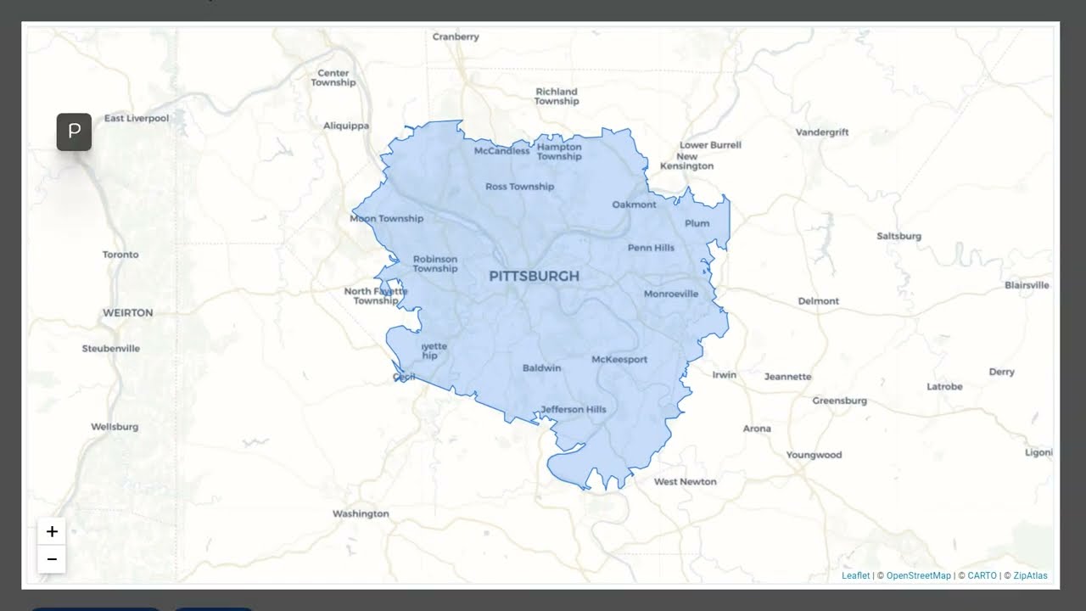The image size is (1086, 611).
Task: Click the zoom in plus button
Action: [52, 531]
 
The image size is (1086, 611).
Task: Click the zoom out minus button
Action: [52, 559]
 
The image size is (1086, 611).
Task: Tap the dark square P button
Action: [74, 132]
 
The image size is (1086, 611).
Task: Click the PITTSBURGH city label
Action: [535, 276]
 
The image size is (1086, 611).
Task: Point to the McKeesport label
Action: [619, 360]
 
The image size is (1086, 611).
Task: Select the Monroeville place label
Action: [671, 294]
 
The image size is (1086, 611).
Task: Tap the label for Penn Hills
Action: [651, 248]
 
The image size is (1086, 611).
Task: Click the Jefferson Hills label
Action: [574, 409]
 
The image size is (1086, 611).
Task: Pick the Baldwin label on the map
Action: [541, 368]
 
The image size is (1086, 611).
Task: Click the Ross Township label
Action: [519, 187]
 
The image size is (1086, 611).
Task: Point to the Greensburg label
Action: [840, 401]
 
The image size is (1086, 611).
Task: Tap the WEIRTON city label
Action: [128, 313]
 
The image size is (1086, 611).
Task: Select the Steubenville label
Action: [111, 349]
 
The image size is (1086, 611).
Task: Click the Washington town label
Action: [361, 513]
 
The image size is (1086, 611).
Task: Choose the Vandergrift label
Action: [822, 132]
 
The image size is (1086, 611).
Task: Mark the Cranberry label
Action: [456, 37]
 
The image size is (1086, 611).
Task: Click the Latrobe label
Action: [944, 387]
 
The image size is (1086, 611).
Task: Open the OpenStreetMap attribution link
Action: [919, 575]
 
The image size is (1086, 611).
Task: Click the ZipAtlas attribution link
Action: [1030, 575]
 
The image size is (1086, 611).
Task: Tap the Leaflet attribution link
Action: [855, 575]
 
